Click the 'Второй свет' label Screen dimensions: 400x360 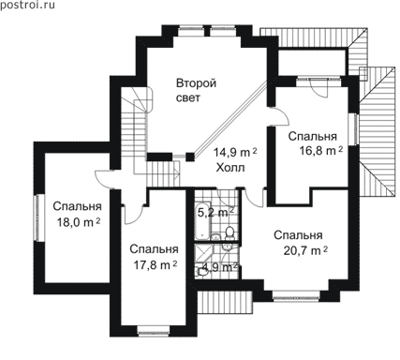coord(196,91)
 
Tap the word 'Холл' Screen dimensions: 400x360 coord(230,168)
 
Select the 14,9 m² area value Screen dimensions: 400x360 coord(235,153)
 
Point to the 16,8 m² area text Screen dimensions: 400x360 coord(321,151)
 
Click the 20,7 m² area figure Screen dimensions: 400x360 coord(305,250)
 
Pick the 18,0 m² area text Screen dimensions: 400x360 coord(79,222)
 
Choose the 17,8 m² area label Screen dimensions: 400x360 coord(156,265)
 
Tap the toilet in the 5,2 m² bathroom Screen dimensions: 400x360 coord(230,233)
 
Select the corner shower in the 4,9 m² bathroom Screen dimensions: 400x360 coord(202,254)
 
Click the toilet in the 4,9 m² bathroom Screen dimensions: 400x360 coord(200,273)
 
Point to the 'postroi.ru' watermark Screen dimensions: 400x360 coord(27,5)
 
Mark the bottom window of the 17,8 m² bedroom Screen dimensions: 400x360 coord(154,331)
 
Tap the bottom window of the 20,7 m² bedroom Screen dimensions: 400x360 coord(296,296)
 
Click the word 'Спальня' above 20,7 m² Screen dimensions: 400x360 coord(298,235)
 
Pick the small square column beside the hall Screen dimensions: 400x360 coord(189,157)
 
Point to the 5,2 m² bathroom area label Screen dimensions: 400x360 coord(216,213)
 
